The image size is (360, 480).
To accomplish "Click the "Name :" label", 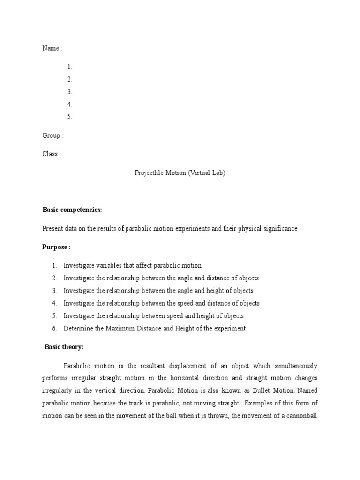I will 52,48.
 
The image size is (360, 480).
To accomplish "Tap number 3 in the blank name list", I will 69,92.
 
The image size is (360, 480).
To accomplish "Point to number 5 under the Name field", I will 69,117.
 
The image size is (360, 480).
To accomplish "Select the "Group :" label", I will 52,135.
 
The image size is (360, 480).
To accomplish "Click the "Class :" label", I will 51,154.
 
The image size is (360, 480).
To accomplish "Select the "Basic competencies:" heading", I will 72,210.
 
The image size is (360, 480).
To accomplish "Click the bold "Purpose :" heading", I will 56,247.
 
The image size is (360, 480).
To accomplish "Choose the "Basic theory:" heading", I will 64,347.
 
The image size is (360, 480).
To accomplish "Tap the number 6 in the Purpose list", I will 54,328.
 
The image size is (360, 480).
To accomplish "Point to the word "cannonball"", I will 299,415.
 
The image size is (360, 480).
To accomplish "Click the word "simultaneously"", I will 294,365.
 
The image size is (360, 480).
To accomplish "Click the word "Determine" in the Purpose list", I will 78,328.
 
